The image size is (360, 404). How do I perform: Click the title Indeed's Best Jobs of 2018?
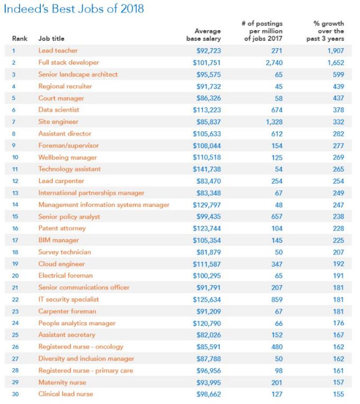tap(74, 9)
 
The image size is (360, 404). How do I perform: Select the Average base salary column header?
tap(204, 35)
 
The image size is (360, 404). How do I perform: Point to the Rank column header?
tap(20, 39)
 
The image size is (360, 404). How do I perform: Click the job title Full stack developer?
tap(68, 62)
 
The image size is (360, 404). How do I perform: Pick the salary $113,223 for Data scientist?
tap(207, 110)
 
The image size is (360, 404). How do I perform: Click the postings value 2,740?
tap(273, 62)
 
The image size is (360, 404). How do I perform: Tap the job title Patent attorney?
tap(62, 228)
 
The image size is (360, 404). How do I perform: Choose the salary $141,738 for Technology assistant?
tap(207, 169)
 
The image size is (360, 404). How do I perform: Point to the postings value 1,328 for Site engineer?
tap(273, 122)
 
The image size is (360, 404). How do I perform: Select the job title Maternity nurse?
tap(62, 382)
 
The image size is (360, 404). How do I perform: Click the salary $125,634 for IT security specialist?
tap(207, 299)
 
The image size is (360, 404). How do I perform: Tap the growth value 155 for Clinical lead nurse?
tap(338, 394)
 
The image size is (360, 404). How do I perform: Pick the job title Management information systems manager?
tap(104, 205)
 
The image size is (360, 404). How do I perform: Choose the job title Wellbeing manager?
tap(67, 157)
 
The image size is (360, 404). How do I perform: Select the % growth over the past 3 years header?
tap(329, 31)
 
